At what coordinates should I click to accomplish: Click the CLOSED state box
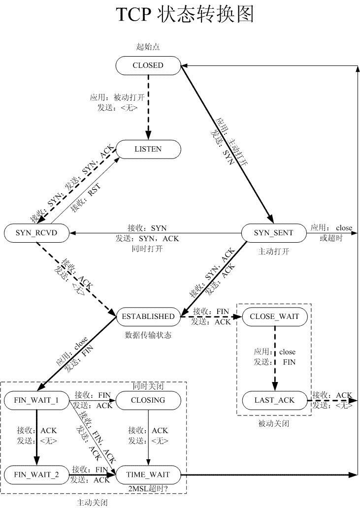coord(148,65)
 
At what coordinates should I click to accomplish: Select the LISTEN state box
coord(148,149)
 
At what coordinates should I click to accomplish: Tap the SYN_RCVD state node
coord(36,233)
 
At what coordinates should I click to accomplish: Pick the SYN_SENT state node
coord(273,233)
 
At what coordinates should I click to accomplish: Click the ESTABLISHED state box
coord(148,316)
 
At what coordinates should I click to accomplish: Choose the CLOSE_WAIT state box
coord(274,316)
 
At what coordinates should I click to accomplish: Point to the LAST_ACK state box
coord(274,400)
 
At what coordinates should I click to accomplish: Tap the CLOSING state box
coord(148,400)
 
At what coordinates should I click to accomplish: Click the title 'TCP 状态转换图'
coord(185,15)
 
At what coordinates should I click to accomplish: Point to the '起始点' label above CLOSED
coord(148,47)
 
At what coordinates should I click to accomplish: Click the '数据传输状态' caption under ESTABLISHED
coord(148,334)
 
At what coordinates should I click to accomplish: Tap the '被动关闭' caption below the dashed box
coord(274,423)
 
